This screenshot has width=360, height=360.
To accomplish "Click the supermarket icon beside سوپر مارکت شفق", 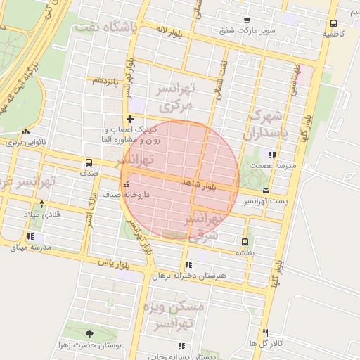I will pos(246,20).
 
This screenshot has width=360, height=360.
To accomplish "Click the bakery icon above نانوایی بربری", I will pos(26,131).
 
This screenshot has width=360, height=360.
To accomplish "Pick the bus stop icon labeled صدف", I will pos(89,162).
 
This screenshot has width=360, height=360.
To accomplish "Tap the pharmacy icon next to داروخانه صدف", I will pos(126,186).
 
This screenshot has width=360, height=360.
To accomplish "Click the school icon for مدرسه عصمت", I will pos(271,155).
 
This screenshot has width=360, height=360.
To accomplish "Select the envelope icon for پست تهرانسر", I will pos(266,191).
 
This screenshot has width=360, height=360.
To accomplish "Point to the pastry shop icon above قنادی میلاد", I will pos(41,203).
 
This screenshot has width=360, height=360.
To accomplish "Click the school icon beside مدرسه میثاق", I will pos(30,237).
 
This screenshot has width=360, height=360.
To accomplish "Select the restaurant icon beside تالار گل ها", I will pos(265,333).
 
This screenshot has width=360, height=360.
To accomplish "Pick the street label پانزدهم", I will pos(107,80).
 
